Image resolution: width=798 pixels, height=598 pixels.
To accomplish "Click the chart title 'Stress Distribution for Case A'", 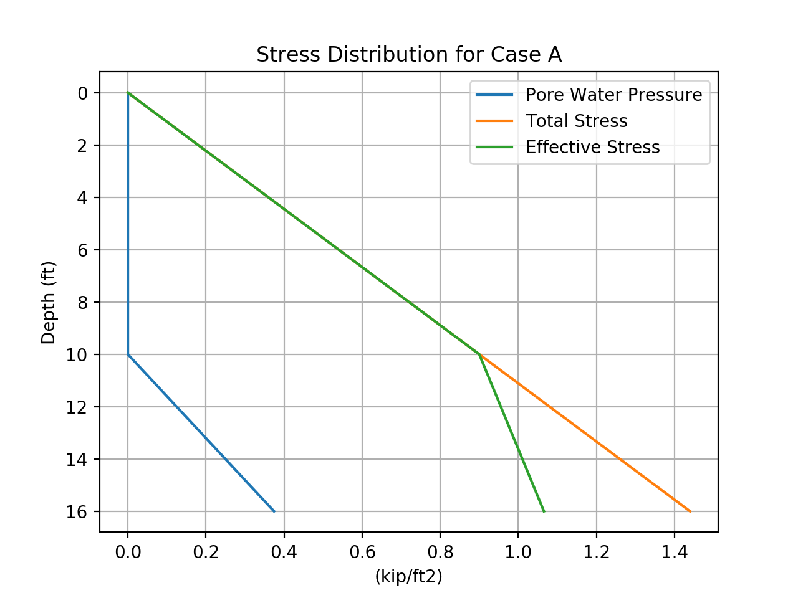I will pyautogui.click(x=409, y=55).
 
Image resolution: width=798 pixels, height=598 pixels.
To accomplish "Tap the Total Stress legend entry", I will pyautogui.click(x=576, y=121).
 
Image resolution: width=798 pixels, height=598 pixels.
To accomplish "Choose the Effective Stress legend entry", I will pyautogui.click(x=592, y=147).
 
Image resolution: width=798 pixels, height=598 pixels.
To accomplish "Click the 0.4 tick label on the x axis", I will pyautogui.click(x=284, y=552).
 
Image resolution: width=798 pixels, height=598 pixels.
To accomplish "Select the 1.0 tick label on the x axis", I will pyautogui.click(x=518, y=552).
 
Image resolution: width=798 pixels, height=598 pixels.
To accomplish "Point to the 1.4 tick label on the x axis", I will pyautogui.click(x=674, y=552).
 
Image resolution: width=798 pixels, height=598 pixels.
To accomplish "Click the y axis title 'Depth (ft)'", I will pyautogui.click(x=48, y=303).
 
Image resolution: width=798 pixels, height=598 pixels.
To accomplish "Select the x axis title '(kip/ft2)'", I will pyautogui.click(x=408, y=577).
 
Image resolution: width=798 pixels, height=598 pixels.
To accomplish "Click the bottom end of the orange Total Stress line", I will pyautogui.click(x=690, y=511).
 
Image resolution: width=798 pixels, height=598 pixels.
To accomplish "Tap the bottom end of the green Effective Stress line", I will pyautogui.click(x=544, y=511).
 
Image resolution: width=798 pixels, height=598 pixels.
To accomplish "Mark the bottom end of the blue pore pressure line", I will pyautogui.click(x=274, y=511).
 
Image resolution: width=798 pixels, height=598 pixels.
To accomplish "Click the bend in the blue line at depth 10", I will pyautogui.click(x=128, y=354).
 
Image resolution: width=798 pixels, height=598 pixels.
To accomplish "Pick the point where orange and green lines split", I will pyautogui.click(x=479, y=354).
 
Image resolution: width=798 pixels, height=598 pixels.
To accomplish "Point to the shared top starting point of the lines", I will pyautogui.click(x=128, y=93).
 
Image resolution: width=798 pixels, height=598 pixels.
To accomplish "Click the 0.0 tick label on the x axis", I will pyautogui.click(x=128, y=552).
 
